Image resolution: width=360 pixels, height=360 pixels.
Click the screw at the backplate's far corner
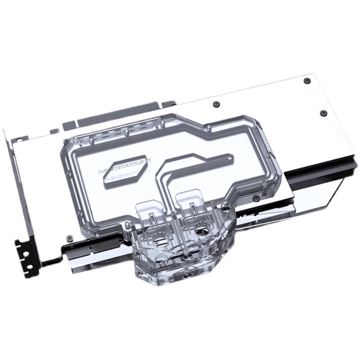point(307,81)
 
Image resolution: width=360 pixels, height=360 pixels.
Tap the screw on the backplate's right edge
point(323,112)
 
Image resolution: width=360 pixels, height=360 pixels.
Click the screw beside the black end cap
point(256,198)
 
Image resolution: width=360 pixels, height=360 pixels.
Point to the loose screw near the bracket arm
point(69,237)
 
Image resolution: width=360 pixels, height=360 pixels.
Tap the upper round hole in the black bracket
point(26,253)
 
